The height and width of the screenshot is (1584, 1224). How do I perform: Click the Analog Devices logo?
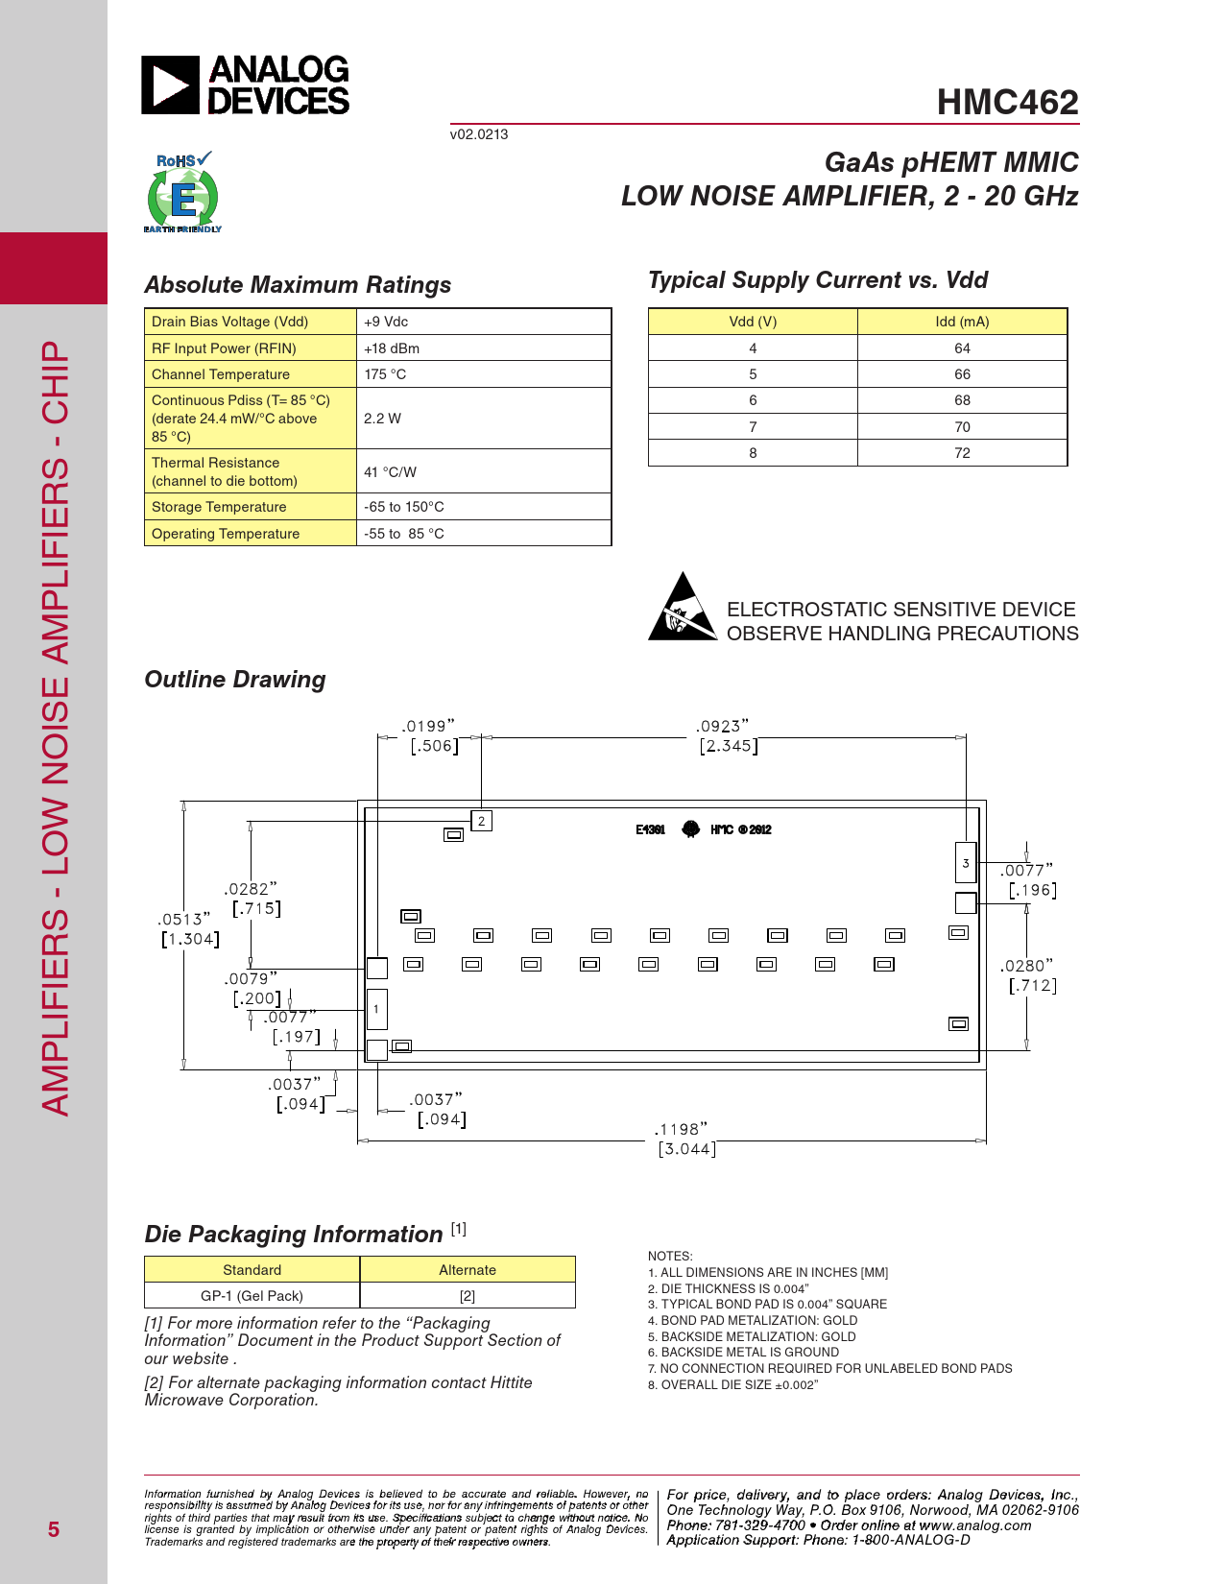coord(246,85)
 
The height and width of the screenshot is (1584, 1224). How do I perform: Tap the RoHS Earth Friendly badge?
coord(182,192)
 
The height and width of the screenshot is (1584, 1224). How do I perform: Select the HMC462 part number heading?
coord(1007,103)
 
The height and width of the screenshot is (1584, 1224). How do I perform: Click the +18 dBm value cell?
coord(392,348)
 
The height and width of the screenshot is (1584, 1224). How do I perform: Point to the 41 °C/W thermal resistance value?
coord(391,472)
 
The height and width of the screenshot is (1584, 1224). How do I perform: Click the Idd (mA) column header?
coord(962,322)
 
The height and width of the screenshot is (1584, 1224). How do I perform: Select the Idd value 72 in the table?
coord(962,453)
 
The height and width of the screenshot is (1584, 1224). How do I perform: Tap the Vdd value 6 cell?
coord(753,400)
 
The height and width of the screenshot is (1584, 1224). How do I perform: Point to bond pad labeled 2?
coord(482,821)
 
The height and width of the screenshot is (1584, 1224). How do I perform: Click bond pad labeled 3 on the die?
coord(966,863)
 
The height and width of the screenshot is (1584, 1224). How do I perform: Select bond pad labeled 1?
coord(376,1009)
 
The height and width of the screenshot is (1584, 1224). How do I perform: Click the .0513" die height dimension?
coord(184,920)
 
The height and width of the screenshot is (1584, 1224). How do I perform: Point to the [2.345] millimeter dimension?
coord(729,746)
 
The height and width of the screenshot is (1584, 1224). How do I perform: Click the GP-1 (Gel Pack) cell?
coord(252,1296)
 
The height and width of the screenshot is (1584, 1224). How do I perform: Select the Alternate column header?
coord(468,1270)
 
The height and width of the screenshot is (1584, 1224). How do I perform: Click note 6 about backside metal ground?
coord(750,1353)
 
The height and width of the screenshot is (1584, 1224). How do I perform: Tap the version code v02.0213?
coord(479,134)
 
